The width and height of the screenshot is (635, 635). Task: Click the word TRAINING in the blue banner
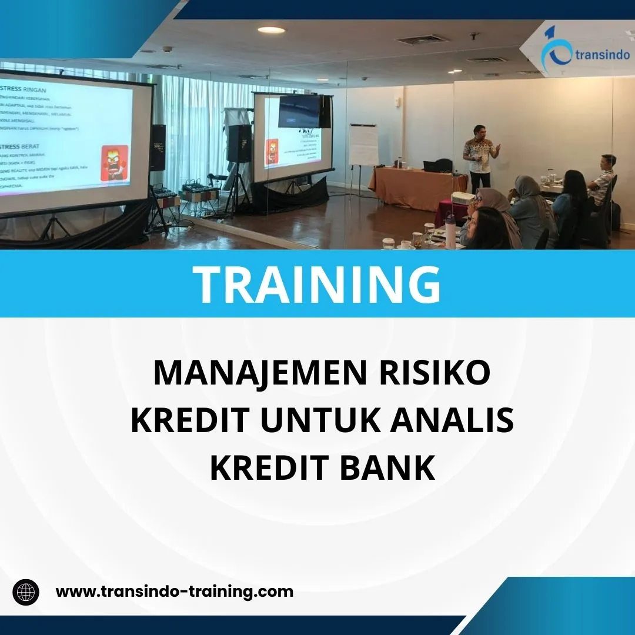tap(317, 284)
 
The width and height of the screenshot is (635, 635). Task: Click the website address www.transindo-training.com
tap(174, 591)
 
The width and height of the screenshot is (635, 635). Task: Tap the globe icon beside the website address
tap(26, 591)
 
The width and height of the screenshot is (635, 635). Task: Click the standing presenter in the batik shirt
tap(479, 156)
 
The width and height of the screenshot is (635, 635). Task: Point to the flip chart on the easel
tap(363, 145)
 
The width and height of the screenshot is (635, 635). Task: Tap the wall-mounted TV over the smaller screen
tap(300, 112)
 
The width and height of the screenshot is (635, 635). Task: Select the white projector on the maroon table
tap(463, 198)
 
